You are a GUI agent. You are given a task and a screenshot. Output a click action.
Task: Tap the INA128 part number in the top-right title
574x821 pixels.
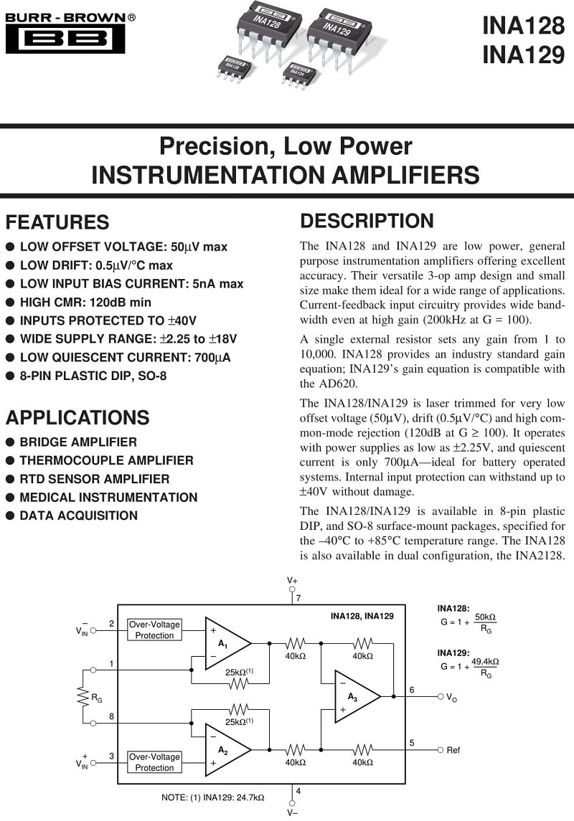click(522, 26)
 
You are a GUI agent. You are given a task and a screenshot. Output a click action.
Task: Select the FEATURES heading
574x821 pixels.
click(57, 222)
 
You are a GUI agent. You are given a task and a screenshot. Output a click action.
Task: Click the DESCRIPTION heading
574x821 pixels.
click(367, 221)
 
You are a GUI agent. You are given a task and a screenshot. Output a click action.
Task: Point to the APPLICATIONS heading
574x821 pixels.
click(77, 417)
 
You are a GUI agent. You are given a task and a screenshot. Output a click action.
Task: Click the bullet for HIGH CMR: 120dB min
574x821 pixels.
click(10, 303)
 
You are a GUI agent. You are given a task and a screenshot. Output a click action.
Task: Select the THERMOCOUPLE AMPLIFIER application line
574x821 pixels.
click(106, 460)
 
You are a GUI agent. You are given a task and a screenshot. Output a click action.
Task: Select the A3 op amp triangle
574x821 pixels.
click(355, 696)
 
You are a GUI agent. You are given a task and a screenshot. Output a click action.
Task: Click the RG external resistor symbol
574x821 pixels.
click(83, 696)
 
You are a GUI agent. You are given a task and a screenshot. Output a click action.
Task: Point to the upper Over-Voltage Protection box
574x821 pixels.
click(154, 630)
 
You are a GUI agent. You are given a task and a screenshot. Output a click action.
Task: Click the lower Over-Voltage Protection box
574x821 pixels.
click(154, 761)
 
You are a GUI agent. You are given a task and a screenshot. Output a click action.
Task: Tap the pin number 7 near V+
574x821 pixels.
click(298, 597)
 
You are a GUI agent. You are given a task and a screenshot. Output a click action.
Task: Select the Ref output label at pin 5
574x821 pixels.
click(453, 750)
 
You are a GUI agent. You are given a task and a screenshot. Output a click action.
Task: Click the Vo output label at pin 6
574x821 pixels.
click(451, 697)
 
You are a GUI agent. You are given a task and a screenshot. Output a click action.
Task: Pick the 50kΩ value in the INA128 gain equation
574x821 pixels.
click(486, 617)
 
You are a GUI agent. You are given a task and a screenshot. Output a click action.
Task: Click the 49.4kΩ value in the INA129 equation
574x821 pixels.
click(485, 661)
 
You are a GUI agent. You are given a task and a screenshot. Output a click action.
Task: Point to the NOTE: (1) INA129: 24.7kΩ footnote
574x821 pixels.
click(212, 797)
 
